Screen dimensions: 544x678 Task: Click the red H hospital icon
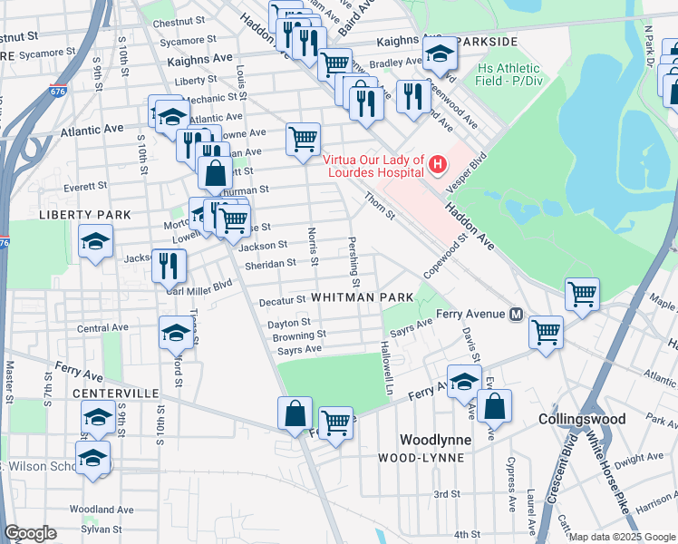click(438, 164)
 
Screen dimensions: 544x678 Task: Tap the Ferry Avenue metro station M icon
click(516, 315)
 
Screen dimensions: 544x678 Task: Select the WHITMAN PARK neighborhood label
click(362, 297)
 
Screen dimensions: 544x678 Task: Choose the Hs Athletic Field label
click(508, 74)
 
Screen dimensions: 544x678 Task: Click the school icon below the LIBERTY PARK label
click(95, 242)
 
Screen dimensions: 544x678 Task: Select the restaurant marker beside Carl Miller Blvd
click(169, 266)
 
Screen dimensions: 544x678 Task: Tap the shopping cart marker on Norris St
click(303, 140)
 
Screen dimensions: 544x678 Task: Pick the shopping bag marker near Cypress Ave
click(494, 407)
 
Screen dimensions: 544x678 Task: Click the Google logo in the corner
click(31, 533)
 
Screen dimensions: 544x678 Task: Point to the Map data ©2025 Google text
click(622, 537)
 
